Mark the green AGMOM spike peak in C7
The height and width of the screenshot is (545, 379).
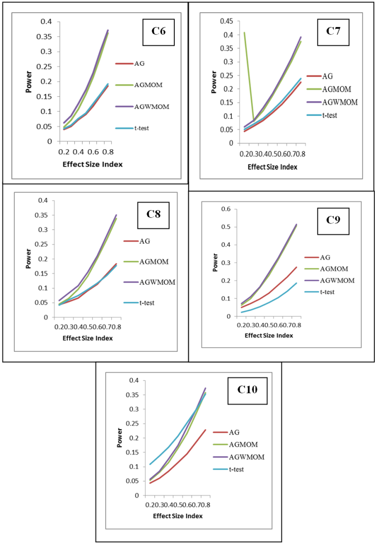(x=244, y=33)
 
